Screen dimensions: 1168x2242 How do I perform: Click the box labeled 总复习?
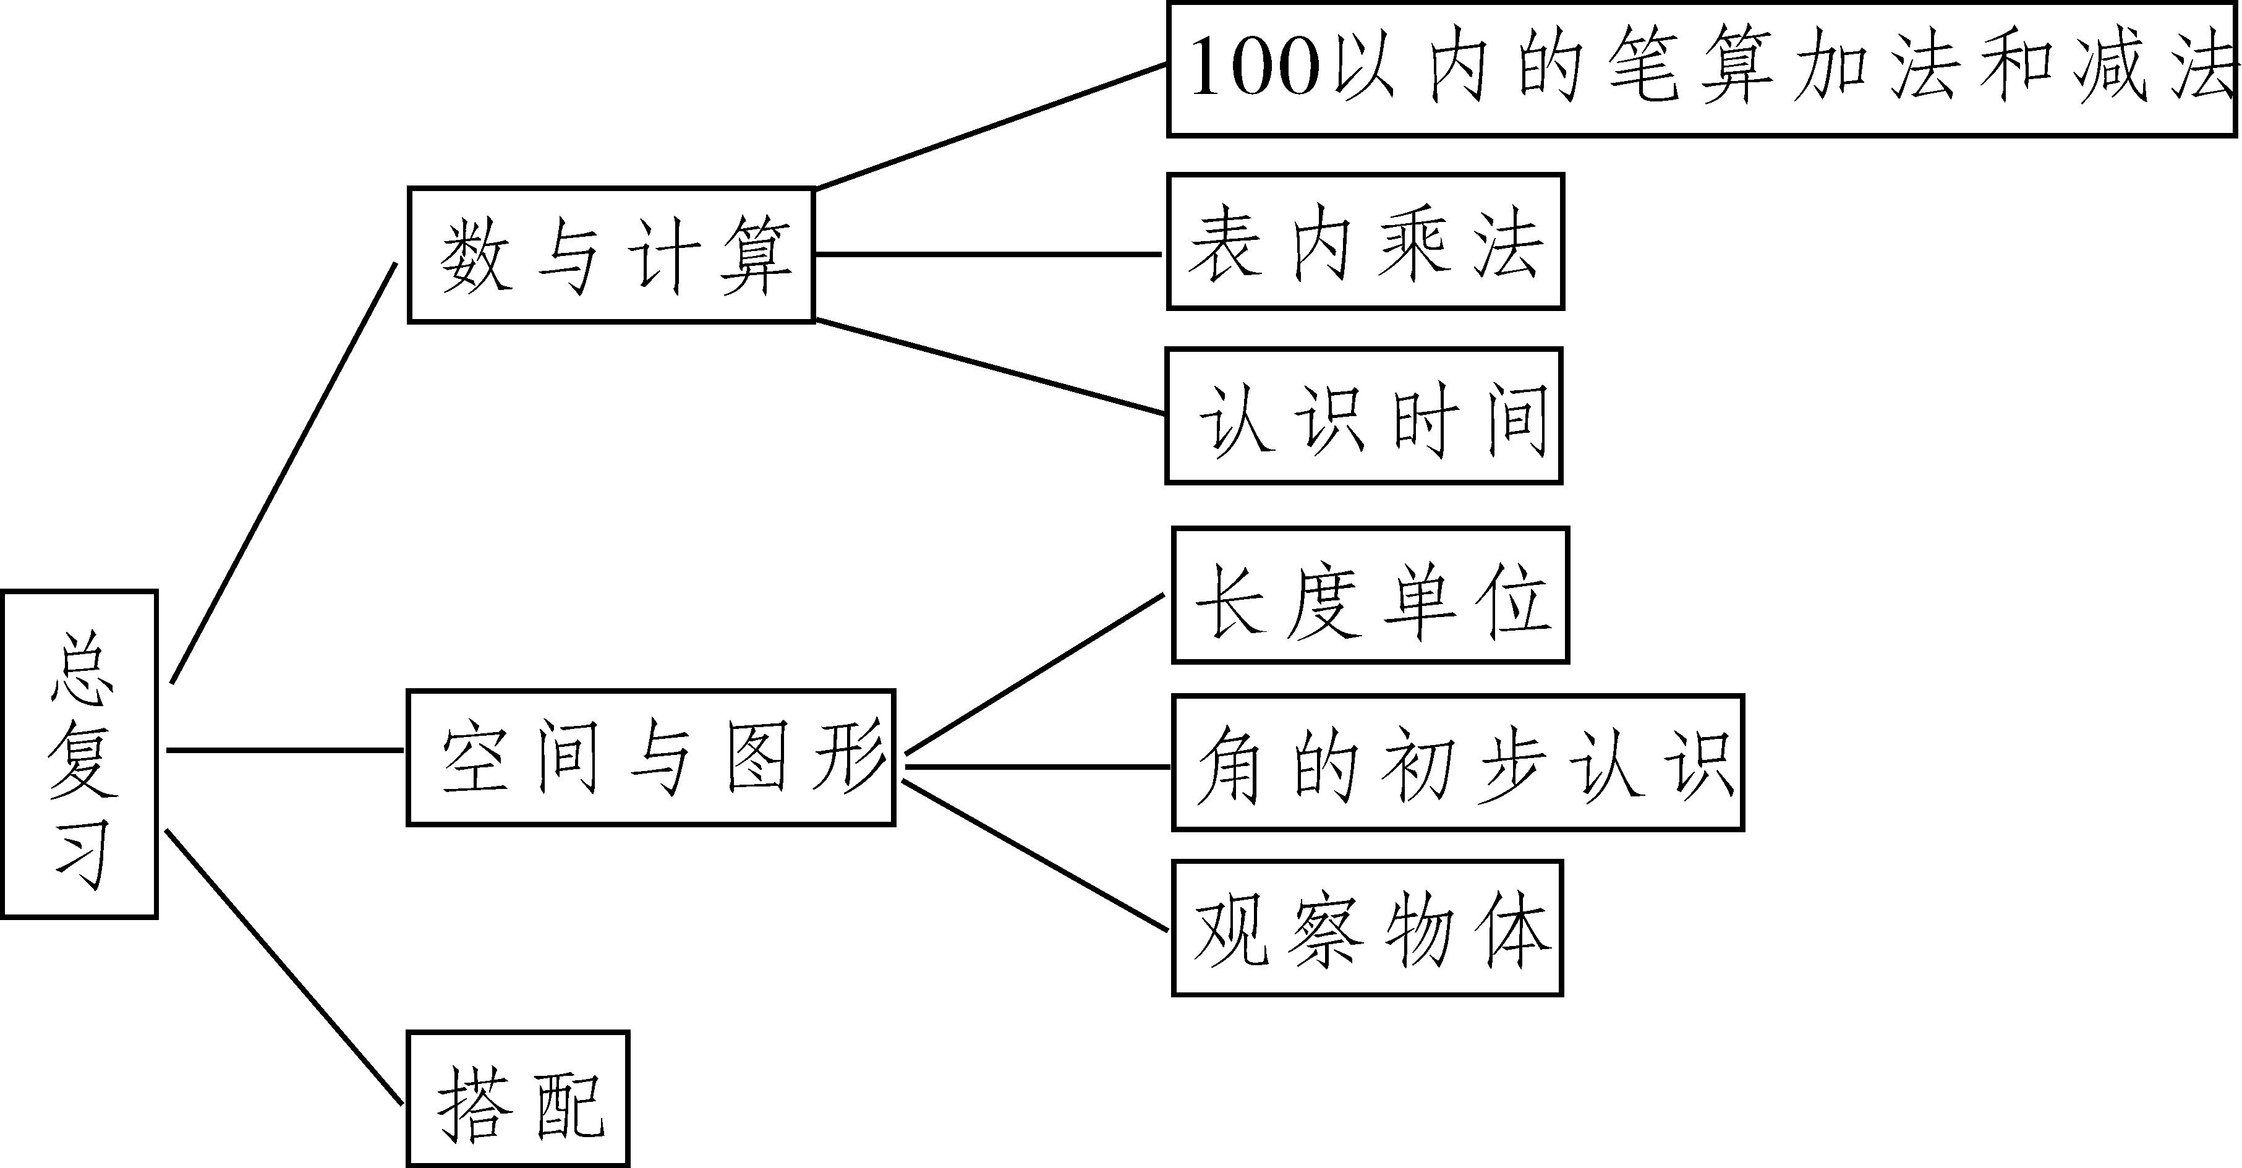[79, 754]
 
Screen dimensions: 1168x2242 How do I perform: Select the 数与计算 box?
[611, 255]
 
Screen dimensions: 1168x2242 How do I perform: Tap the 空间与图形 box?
[651, 757]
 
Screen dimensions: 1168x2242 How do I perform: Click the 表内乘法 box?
[1365, 242]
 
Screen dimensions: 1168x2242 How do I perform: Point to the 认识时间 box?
[1364, 416]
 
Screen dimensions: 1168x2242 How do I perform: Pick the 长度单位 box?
[1370, 595]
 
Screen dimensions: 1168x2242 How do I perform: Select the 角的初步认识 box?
[1458, 762]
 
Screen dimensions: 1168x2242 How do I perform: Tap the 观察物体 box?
[1367, 928]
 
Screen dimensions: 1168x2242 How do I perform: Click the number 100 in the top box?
[1255, 68]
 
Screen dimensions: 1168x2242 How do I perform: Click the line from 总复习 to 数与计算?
[284, 472]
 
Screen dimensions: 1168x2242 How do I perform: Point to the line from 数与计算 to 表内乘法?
[988, 254]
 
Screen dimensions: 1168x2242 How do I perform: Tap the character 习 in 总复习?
[83, 856]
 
